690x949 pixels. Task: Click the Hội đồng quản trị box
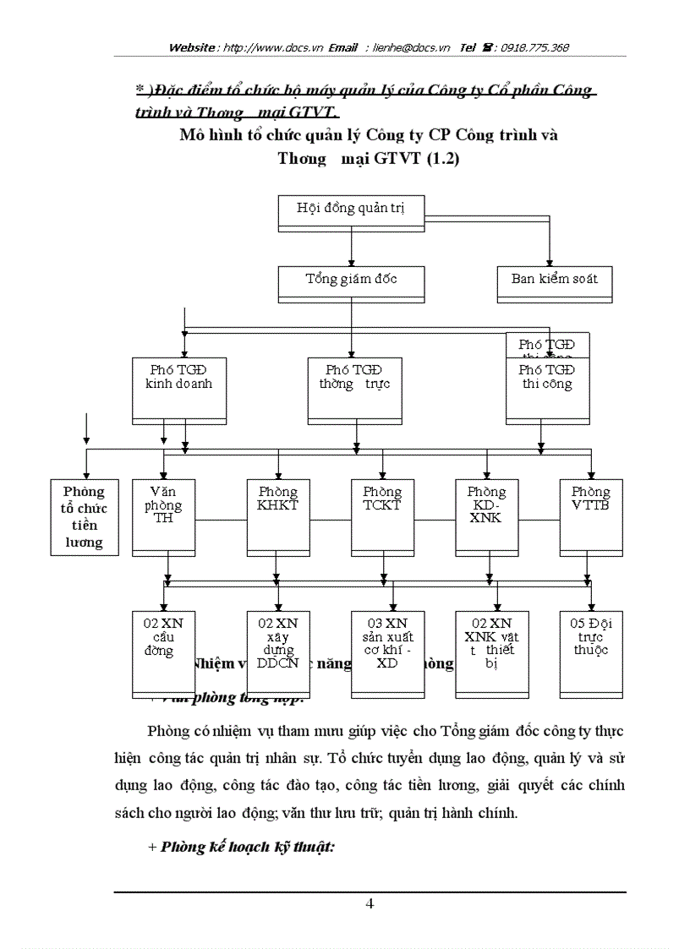(351, 211)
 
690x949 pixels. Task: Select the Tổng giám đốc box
(351, 282)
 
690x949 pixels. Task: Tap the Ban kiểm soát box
(554, 284)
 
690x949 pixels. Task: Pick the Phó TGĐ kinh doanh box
(179, 389)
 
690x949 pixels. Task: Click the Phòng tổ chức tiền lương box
(84, 516)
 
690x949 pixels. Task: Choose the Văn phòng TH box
(163, 516)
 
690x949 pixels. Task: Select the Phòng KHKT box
(278, 516)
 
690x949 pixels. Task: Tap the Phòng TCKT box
(382, 516)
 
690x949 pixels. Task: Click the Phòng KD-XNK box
(486, 516)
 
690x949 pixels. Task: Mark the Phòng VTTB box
(590, 516)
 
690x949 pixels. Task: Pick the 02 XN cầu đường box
(163, 651)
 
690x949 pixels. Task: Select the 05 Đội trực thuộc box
(590, 651)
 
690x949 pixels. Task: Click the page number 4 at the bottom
(370, 903)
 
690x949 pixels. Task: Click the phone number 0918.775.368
(534, 48)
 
